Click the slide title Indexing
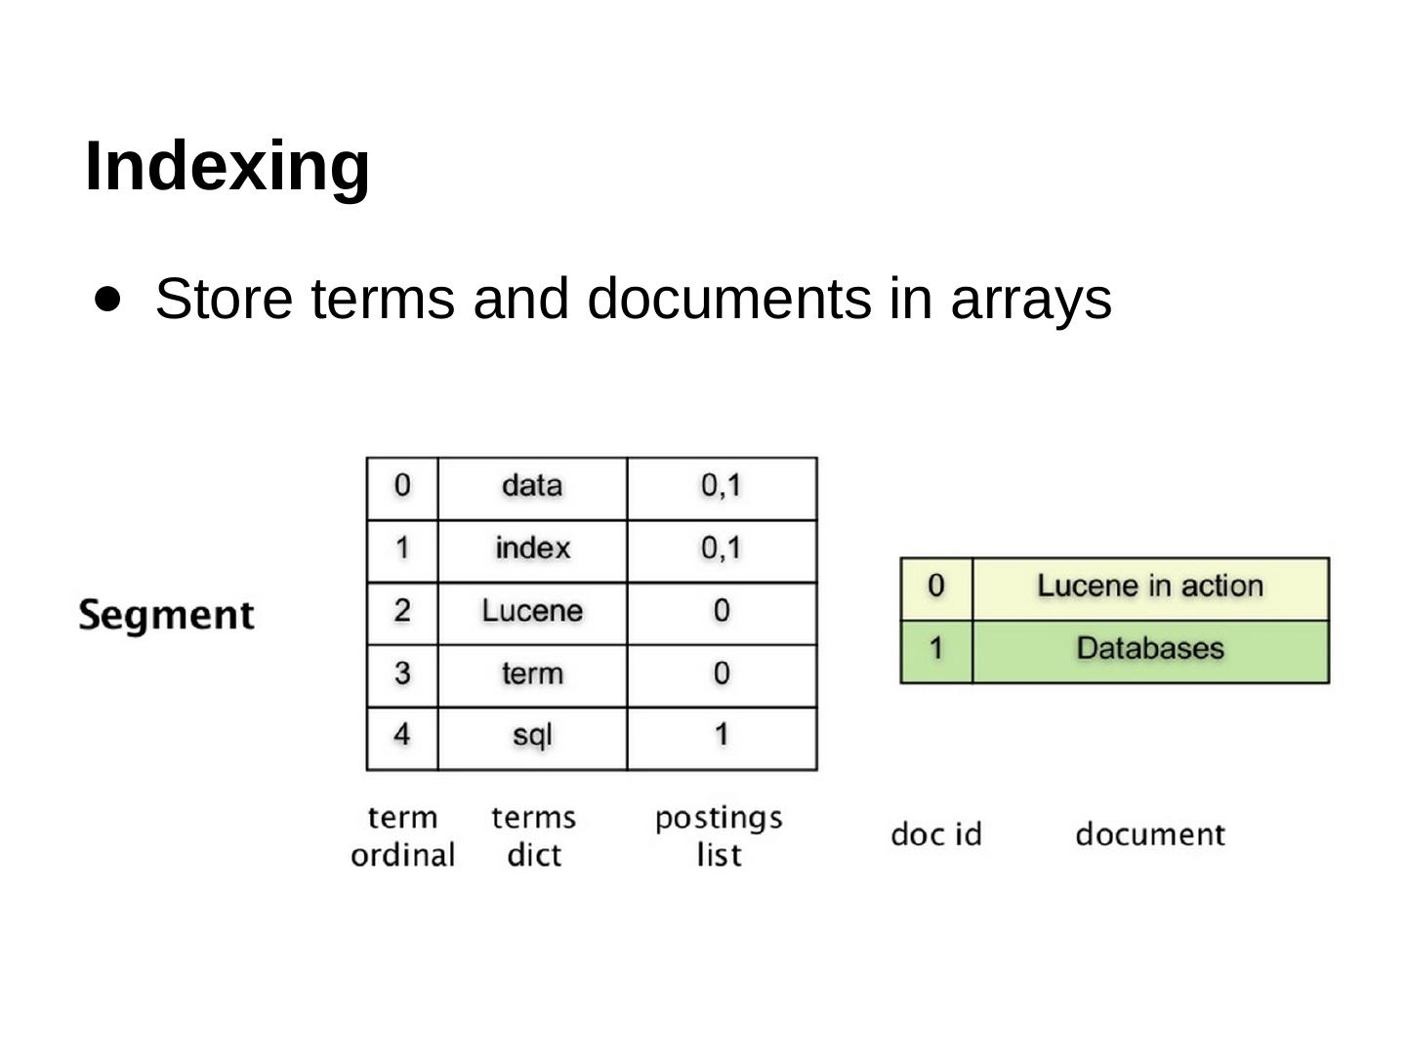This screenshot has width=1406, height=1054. (x=227, y=166)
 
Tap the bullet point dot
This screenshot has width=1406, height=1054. (x=109, y=297)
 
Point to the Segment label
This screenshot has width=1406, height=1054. (x=166, y=615)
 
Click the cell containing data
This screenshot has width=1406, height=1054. (x=532, y=486)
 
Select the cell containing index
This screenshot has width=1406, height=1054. (x=532, y=548)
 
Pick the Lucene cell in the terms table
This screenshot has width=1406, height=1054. (x=532, y=611)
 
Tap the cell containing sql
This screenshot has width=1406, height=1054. (x=532, y=735)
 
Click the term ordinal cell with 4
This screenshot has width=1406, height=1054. (x=402, y=735)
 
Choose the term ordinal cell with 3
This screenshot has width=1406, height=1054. (x=402, y=673)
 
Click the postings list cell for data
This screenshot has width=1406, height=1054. (x=722, y=486)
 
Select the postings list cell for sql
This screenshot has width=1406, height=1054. (x=722, y=735)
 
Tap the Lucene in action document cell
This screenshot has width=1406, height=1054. (x=1150, y=587)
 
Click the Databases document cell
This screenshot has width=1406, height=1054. (x=1150, y=649)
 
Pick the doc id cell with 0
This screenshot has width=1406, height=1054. (x=935, y=587)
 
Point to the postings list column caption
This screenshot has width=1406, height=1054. (x=719, y=835)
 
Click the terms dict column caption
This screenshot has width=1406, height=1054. (x=534, y=835)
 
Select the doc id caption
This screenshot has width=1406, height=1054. (x=935, y=835)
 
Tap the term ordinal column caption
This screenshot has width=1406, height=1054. (x=402, y=835)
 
